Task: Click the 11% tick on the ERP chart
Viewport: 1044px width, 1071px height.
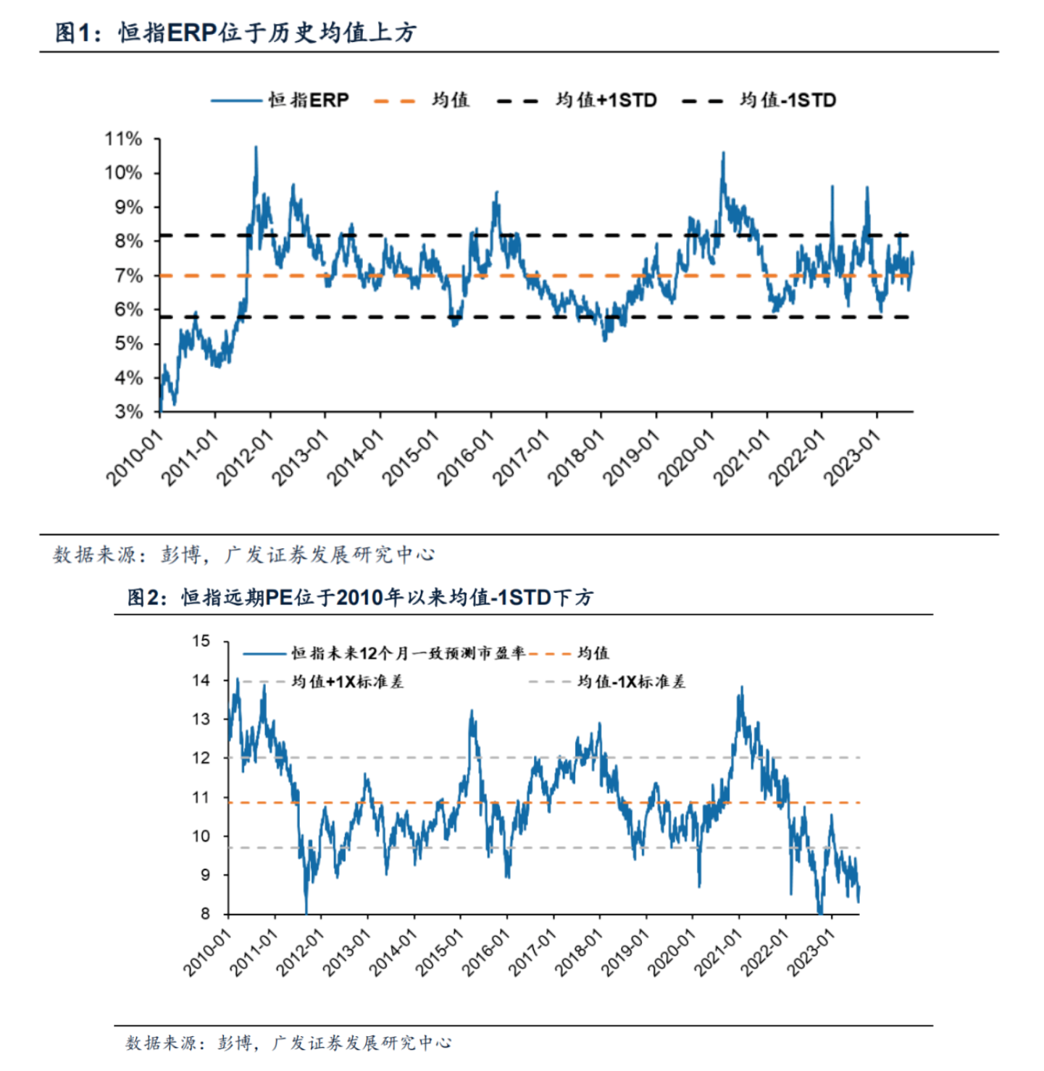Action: click(x=123, y=139)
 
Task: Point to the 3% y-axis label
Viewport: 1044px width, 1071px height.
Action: click(x=128, y=411)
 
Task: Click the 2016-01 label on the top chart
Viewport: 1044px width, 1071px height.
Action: click(x=466, y=457)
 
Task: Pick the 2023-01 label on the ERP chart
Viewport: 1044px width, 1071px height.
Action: click(x=852, y=457)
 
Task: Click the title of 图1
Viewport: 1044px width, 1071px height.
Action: click(x=235, y=33)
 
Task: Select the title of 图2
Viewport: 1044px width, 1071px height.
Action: click(x=360, y=597)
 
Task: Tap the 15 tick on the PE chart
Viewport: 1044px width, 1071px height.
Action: click(x=201, y=641)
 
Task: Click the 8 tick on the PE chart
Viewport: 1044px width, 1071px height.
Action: click(x=205, y=914)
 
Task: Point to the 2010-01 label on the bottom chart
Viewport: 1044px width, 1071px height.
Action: click(x=207, y=953)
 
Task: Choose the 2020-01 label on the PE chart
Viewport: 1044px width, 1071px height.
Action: click(x=671, y=953)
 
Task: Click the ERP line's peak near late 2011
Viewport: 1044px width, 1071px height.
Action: click(x=256, y=147)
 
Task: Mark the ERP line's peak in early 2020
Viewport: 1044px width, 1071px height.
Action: click(x=722, y=153)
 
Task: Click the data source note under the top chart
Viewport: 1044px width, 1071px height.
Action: click(x=243, y=555)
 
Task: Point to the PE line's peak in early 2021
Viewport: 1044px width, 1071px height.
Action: click(x=741, y=686)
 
